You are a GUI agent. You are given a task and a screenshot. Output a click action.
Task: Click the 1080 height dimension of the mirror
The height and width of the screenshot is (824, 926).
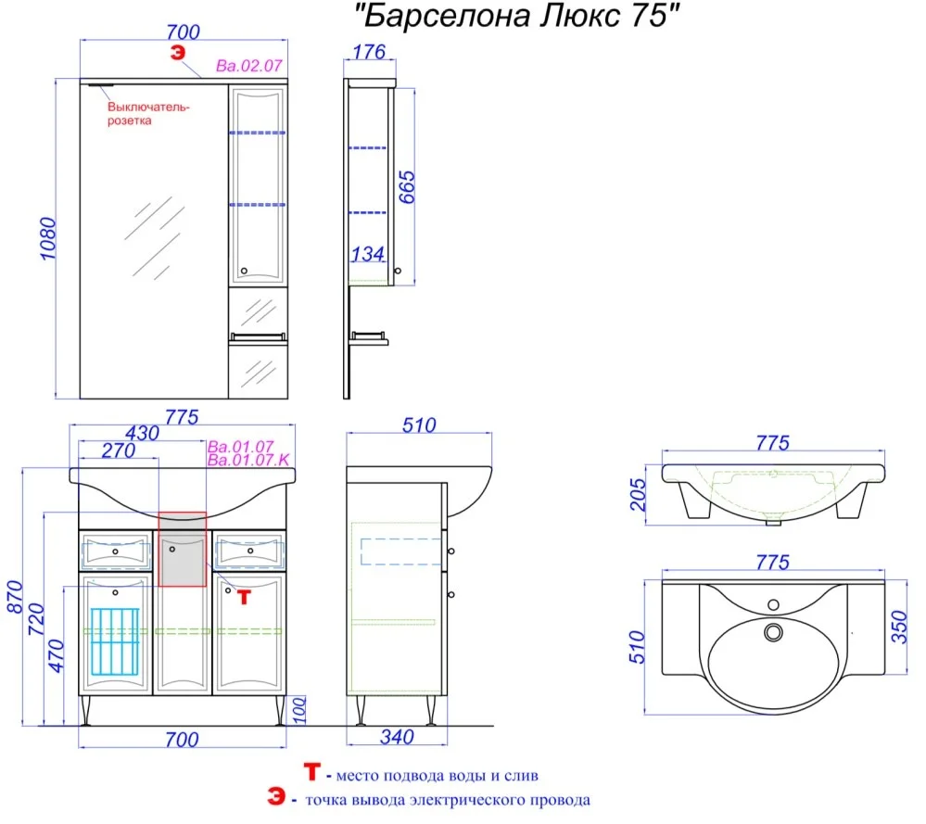coord(48,238)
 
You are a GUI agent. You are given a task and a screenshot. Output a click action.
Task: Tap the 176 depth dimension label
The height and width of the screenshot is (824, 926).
coord(369,52)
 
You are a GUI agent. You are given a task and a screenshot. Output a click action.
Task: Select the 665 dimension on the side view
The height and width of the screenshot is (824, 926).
coord(407,187)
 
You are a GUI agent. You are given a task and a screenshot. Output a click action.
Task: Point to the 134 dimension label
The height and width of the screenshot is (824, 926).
coord(367,254)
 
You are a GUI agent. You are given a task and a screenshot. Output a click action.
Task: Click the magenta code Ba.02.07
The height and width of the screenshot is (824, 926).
coord(249,66)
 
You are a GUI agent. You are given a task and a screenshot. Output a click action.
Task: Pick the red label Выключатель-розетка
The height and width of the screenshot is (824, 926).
coord(148,113)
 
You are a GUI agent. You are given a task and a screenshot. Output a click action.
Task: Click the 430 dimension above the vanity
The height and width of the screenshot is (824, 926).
coord(143,433)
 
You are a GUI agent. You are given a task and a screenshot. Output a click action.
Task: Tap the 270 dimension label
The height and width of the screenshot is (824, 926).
coord(119,450)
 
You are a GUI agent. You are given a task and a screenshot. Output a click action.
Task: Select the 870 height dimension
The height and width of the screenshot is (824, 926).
coord(14,597)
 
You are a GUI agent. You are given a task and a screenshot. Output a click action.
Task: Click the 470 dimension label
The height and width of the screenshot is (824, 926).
coord(57,655)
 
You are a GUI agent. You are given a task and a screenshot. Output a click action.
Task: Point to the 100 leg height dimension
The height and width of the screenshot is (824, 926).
coord(299,710)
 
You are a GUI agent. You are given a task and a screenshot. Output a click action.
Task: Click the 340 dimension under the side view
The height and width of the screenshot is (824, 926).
coord(397,737)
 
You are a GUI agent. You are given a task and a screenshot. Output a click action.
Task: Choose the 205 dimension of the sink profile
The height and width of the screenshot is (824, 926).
coord(638,494)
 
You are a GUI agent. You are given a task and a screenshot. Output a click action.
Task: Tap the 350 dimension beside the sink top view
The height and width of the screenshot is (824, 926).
coord(898,627)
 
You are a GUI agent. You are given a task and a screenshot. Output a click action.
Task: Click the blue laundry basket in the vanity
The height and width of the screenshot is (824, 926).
coord(115,641)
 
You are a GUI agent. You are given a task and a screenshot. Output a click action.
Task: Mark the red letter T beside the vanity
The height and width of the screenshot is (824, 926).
coord(244,597)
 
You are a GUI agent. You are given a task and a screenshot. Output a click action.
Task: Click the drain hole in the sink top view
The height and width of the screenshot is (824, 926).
coord(773,633)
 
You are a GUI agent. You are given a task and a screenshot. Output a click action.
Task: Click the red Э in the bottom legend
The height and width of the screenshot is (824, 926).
coord(276,796)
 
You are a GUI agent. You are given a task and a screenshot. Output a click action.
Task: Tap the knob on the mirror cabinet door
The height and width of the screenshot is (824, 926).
coord(244,272)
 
